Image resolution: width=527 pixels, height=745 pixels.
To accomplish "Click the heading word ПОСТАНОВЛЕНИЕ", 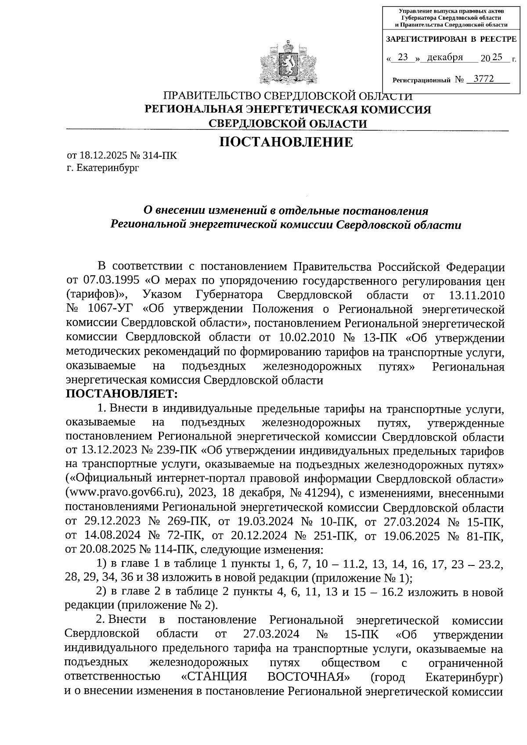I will tap(286, 143).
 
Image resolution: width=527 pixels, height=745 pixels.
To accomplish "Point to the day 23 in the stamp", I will tap(402, 58).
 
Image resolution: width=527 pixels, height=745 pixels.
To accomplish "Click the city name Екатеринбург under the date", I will tap(107, 168).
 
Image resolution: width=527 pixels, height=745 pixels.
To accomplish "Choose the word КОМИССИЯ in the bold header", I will tap(394, 110).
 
